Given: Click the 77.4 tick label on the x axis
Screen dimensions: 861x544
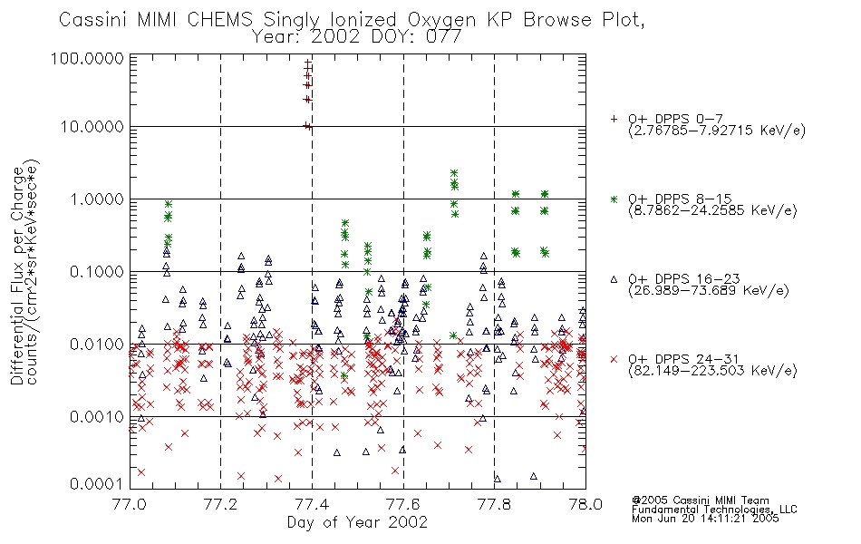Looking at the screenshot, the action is tap(312, 504).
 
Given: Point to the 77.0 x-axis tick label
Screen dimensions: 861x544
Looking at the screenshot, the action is tap(131, 504).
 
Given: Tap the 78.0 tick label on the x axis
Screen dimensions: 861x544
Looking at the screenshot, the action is tap(585, 504).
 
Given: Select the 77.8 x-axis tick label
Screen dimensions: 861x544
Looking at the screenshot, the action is tap(494, 504).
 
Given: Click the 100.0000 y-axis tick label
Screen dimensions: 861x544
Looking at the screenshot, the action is tap(87, 58).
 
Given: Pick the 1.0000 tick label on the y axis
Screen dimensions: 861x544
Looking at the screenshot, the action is tap(97, 199).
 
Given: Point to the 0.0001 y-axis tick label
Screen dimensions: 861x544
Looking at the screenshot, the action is tap(97, 484).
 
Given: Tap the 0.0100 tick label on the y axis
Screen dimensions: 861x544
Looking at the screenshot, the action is tap(97, 345).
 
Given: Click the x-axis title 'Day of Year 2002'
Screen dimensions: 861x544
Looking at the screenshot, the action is tap(357, 522).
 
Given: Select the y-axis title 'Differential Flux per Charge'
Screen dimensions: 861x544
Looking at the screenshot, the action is tap(17, 276).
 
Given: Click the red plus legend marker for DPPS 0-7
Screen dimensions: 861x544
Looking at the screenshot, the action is tap(614, 119).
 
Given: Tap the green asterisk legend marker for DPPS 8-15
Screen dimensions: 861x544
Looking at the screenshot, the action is tap(614, 199).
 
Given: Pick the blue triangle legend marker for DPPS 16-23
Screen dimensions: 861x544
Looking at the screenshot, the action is tap(614, 279).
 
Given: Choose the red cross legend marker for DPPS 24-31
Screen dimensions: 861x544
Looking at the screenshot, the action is tap(614, 359).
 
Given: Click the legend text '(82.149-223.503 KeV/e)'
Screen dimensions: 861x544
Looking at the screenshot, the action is tap(712, 371).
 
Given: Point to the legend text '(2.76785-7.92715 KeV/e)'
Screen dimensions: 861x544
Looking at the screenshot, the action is tap(717, 131).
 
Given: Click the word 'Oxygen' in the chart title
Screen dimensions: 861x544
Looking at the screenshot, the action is tap(442, 20).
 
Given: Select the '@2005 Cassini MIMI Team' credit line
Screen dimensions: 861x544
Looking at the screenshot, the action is tap(700, 500).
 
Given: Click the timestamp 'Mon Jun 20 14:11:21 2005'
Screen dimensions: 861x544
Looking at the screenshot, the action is tap(705, 519).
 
